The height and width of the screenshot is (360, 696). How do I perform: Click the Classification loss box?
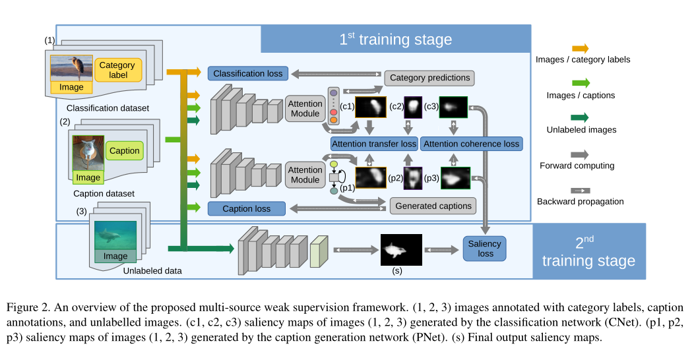[x=247, y=73]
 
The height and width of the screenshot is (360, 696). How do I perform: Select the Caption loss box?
[x=246, y=208]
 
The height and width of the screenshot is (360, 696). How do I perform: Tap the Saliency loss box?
[x=485, y=249]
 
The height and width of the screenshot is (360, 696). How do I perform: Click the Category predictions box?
[x=429, y=78]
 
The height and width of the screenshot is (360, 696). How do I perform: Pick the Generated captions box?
[x=433, y=206]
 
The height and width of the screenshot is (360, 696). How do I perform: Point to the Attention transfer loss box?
[x=373, y=144]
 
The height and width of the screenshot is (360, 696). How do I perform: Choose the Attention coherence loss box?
[x=471, y=144]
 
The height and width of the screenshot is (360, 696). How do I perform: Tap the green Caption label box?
[x=124, y=150]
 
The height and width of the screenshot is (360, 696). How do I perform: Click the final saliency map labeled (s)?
[x=401, y=249]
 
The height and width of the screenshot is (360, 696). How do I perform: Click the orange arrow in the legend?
[x=580, y=48]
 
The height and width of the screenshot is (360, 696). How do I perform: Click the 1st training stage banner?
[x=395, y=39]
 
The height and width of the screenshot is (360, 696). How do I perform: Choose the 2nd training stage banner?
[x=588, y=251]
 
